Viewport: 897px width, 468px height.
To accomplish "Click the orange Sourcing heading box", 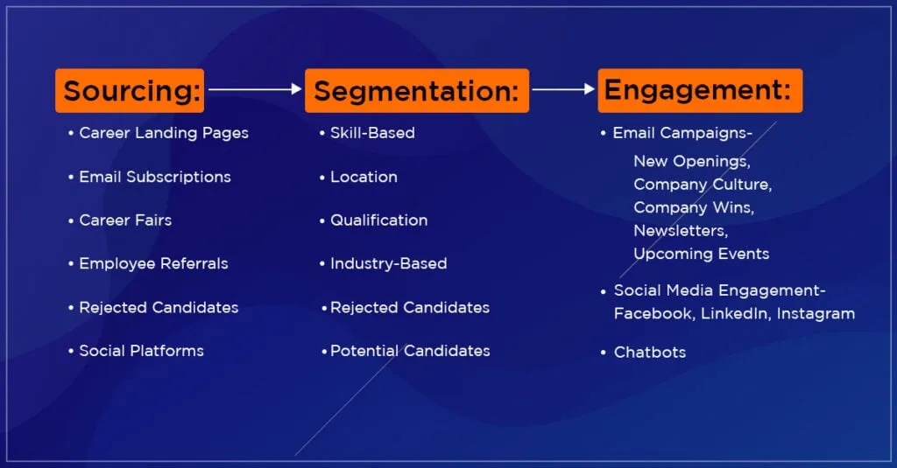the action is [x=130, y=91].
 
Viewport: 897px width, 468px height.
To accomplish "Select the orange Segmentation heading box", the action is [x=416, y=91].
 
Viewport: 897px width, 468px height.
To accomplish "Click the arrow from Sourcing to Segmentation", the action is [x=254, y=89].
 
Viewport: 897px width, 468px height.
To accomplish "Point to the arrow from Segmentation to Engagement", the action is [x=563, y=89].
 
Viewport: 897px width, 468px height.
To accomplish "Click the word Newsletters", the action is [x=681, y=231].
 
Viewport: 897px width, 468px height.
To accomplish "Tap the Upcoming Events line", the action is [x=701, y=254].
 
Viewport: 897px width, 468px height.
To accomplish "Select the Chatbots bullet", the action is [x=649, y=353].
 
